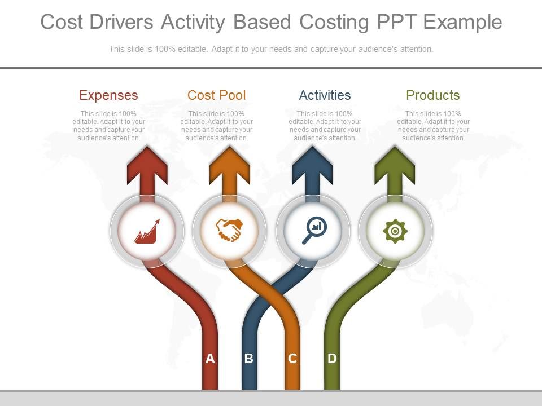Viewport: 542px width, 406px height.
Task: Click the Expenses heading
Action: pos(108,95)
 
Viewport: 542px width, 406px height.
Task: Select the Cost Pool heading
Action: pos(217,95)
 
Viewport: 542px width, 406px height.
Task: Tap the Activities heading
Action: pos(325,95)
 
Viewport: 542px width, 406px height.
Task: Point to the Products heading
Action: pos(433,95)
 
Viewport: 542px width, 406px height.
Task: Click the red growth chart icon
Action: pos(147,231)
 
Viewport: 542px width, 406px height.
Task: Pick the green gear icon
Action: pos(395,231)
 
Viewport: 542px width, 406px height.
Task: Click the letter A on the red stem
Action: pos(210,359)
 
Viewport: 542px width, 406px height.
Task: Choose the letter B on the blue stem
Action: pos(248,359)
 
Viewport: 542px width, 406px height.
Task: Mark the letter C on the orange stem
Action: pos(292,359)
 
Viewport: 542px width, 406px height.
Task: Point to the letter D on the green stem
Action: pos(332,359)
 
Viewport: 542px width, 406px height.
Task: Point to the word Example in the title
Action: pos(462,23)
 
